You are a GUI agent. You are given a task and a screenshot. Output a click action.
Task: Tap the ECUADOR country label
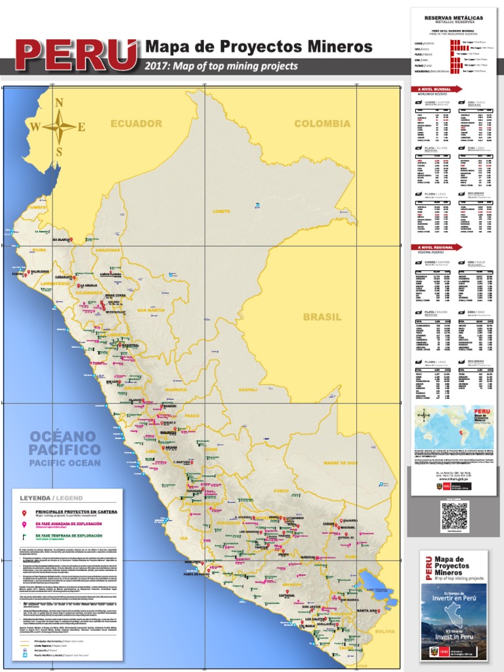136,123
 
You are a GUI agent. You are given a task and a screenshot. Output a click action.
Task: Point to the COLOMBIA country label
322,123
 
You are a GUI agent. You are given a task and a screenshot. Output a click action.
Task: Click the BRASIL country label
322,317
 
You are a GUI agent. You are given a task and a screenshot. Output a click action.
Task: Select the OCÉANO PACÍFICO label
64,444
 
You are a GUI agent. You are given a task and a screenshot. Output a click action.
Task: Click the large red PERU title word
76,58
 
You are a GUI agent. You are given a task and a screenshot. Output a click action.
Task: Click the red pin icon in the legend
24,513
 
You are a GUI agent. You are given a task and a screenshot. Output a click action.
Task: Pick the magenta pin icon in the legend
24,525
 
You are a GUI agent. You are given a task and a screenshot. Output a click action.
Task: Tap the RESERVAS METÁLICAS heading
453,18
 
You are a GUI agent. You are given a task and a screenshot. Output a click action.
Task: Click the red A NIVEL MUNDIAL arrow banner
436,89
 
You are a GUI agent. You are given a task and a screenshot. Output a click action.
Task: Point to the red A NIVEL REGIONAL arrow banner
436,247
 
